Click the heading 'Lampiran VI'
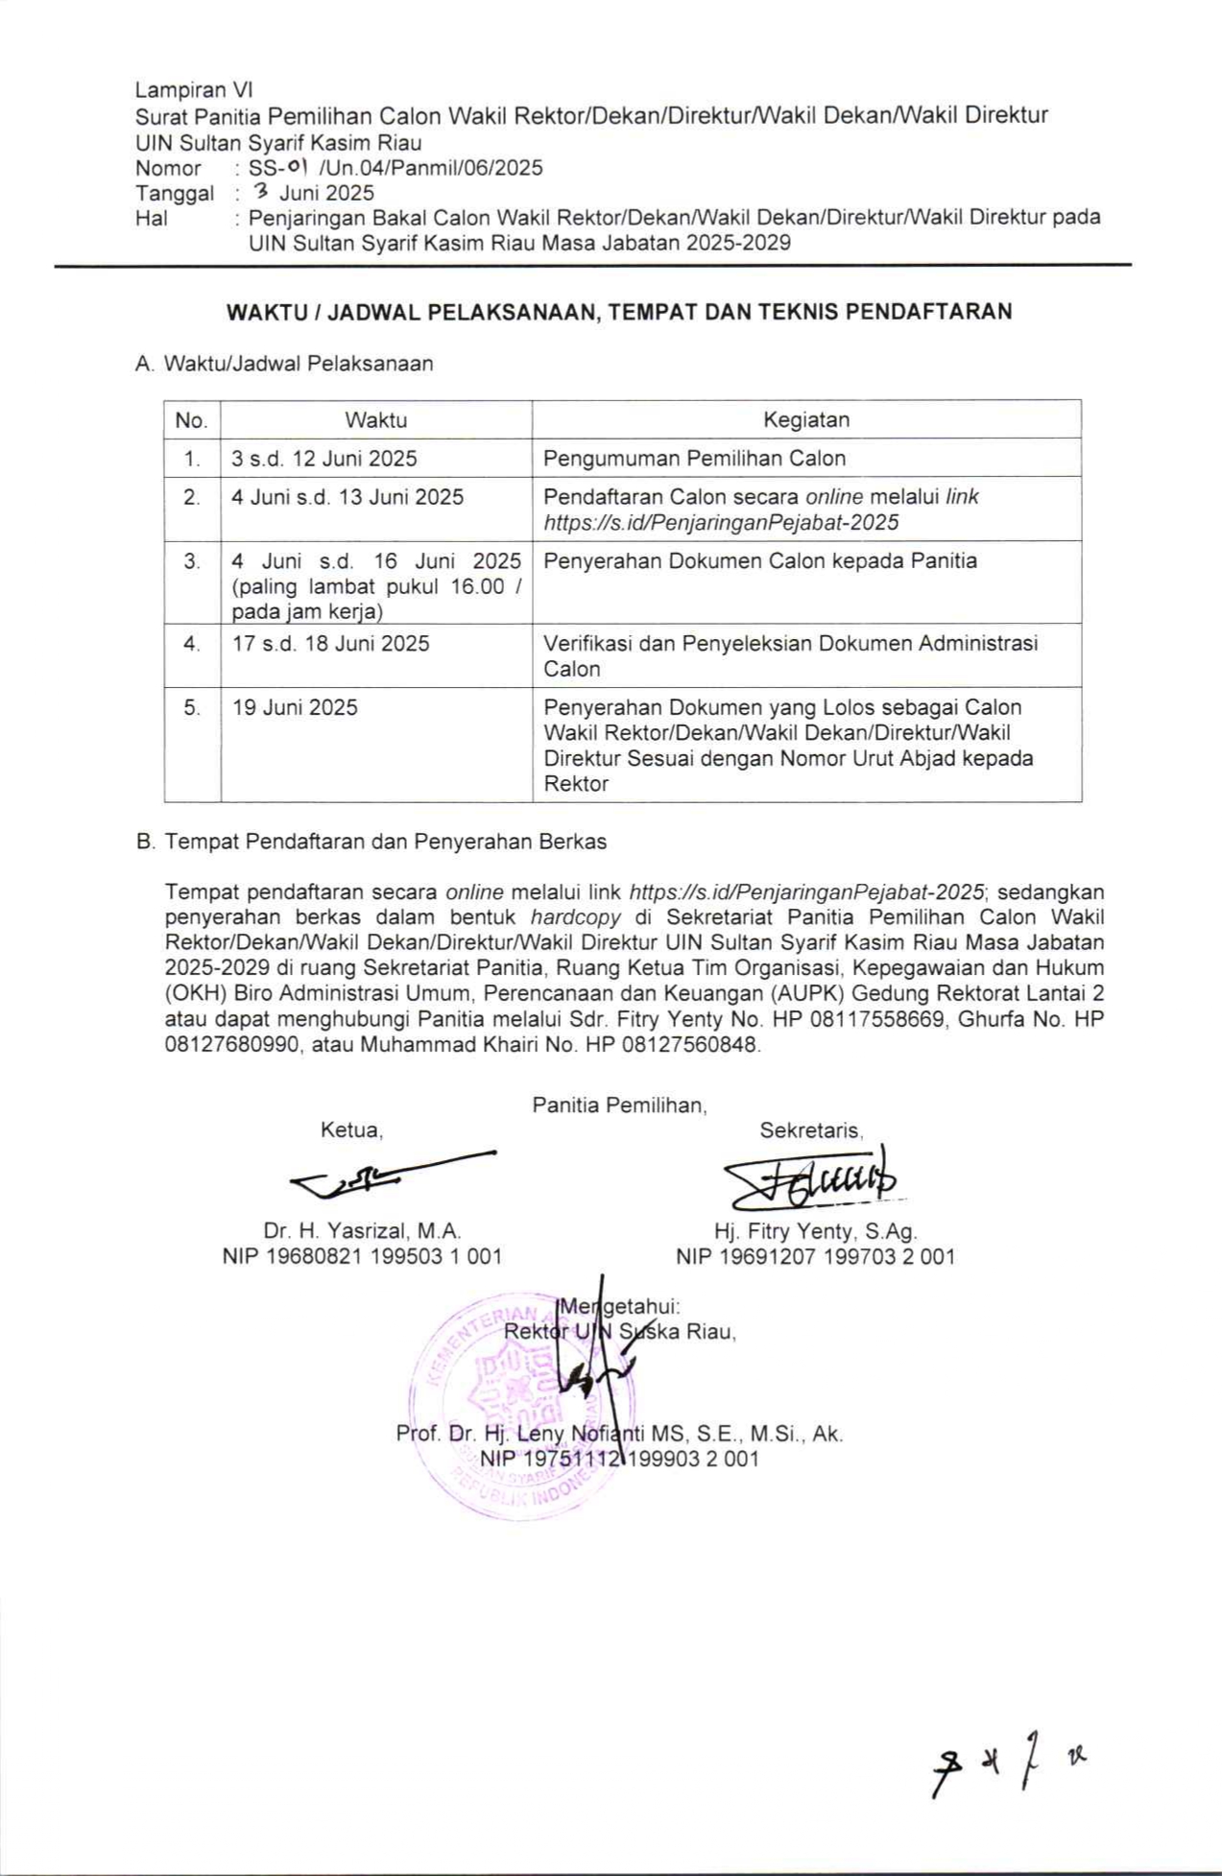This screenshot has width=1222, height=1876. click(193, 90)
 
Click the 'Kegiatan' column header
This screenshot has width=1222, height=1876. click(805, 419)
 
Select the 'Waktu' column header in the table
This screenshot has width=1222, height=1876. click(375, 419)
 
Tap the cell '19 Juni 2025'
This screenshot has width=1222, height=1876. click(295, 707)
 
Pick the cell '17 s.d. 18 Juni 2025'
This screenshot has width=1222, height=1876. click(330, 643)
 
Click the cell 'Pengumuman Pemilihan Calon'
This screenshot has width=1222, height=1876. click(694, 458)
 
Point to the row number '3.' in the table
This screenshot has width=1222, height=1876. click(192, 560)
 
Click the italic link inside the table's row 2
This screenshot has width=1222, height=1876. click(721, 522)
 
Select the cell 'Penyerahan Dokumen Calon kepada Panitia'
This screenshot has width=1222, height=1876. click(760, 560)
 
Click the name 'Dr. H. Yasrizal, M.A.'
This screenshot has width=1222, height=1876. click(362, 1230)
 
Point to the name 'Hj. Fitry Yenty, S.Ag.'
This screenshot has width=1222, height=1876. click(815, 1230)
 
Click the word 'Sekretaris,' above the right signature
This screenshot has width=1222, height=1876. click(811, 1130)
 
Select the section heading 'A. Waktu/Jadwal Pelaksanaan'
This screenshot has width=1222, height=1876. click(284, 364)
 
